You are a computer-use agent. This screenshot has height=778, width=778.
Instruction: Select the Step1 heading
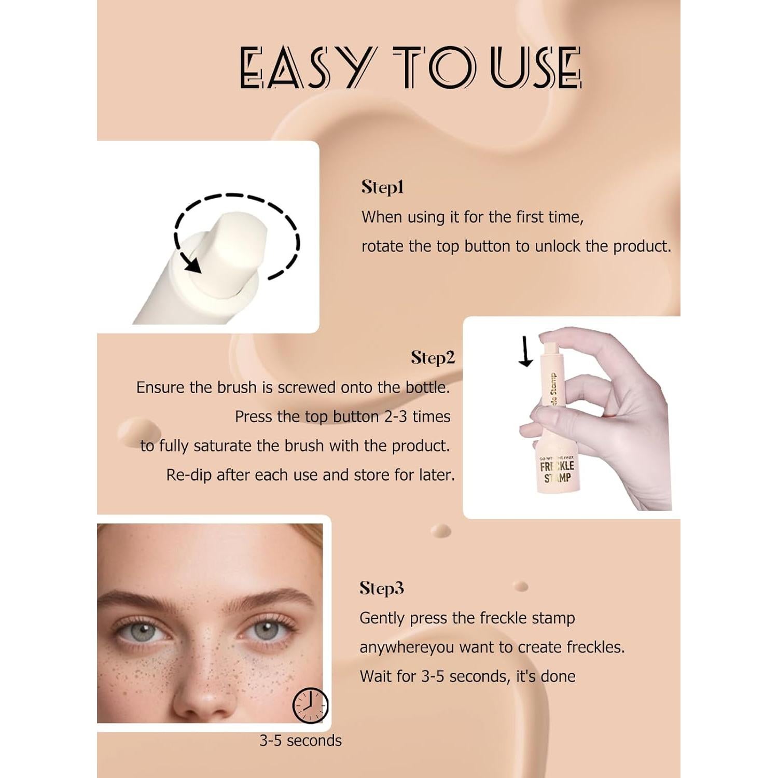[382, 187]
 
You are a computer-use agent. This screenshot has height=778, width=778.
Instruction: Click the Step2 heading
[433, 357]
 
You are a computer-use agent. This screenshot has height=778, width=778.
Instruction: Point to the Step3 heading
[381, 588]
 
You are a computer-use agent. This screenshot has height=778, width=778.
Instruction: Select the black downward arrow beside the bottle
[526, 352]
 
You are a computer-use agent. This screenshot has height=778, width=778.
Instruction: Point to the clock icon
[310, 705]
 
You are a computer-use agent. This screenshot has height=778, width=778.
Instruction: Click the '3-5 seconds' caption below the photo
[300, 741]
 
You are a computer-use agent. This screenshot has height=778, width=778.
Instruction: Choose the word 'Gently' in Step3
[382, 618]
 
